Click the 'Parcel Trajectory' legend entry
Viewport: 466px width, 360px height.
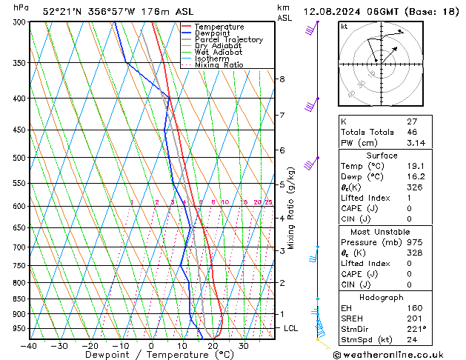pyautogui.click(x=228, y=39)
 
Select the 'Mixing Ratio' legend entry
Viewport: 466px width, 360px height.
pyautogui.click(x=219, y=65)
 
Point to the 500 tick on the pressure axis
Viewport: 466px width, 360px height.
pyautogui.click(x=16, y=158)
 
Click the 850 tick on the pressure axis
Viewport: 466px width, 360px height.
pyautogui.click(x=16, y=299)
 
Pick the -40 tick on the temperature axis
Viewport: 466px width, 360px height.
pyautogui.click(x=30, y=346)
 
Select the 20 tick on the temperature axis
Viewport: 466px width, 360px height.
pyautogui.click(x=213, y=346)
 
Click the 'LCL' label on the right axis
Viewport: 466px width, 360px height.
pyautogui.click(x=292, y=328)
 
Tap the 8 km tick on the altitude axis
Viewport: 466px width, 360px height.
pyautogui.click(x=282, y=79)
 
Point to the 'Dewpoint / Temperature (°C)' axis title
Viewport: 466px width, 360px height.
pyautogui.click(x=151, y=355)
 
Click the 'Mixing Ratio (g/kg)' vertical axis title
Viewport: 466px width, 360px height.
pyautogui.click(x=292, y=207)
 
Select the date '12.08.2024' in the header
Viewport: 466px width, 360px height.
pyautogui.click(x=329, y=12)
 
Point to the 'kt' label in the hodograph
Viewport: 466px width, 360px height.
pyautogui.click(x=344, y=26)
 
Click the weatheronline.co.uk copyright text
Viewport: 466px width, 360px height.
pyautogui.click(x=394, y=353)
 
